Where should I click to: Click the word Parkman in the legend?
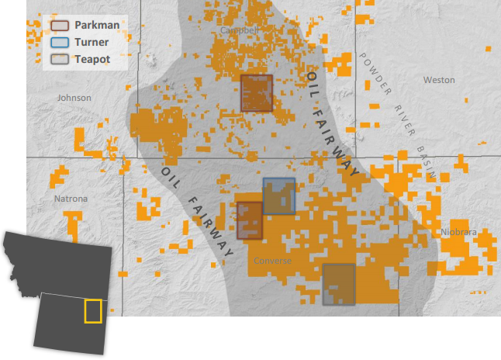coord(96,25)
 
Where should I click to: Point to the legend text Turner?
coord(92,42)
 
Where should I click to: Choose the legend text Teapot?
coord(92,59)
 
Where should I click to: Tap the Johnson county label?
coord(74,98)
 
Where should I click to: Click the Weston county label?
coord(439,80)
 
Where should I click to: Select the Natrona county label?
coord(71,199)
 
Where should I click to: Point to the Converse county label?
coord(273,261)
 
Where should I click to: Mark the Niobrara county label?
coord(458,231)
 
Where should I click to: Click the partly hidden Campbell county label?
coord(237,30)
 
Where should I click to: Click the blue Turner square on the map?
coord(279,196)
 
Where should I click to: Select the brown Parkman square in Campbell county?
coord(256,93)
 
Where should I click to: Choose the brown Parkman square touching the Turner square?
coord(250,220)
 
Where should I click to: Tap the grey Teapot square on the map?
coord(339,284)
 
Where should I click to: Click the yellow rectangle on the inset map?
coord(93,310)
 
